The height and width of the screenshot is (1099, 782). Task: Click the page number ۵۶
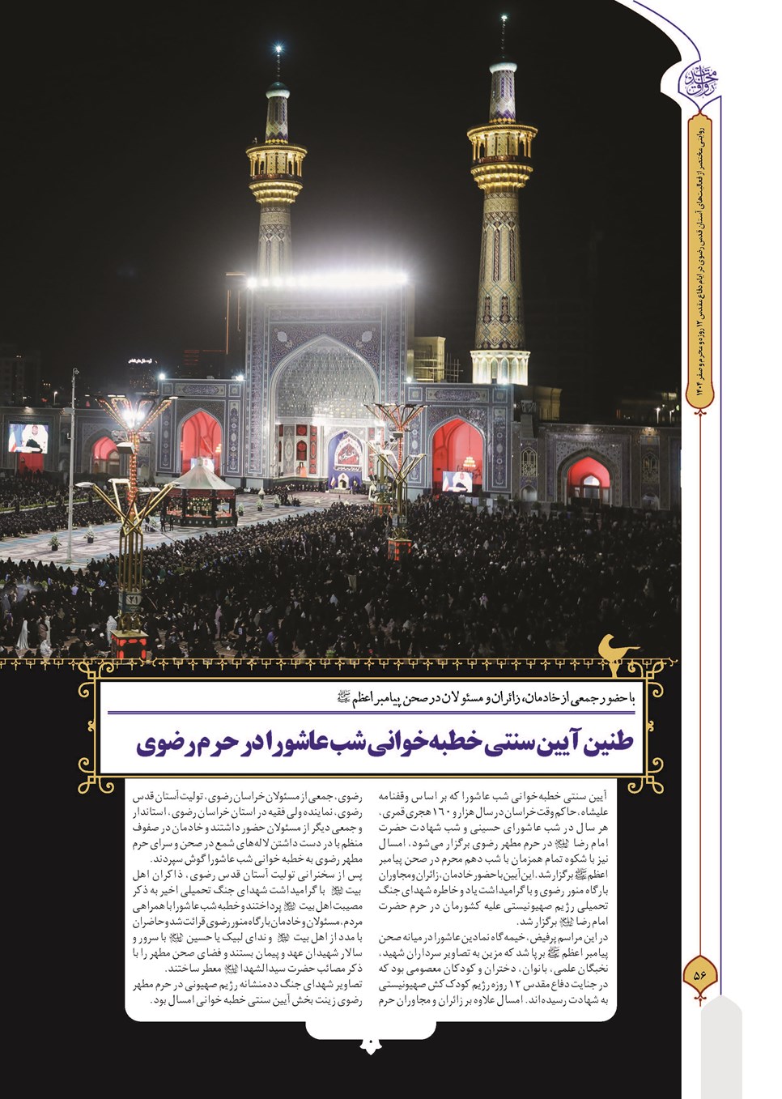(700, 974)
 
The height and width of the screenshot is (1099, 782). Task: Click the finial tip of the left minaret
(278, 50)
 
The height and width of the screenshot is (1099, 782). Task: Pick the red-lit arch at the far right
(589, 479)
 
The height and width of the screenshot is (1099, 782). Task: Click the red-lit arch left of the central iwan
(201, 441)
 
